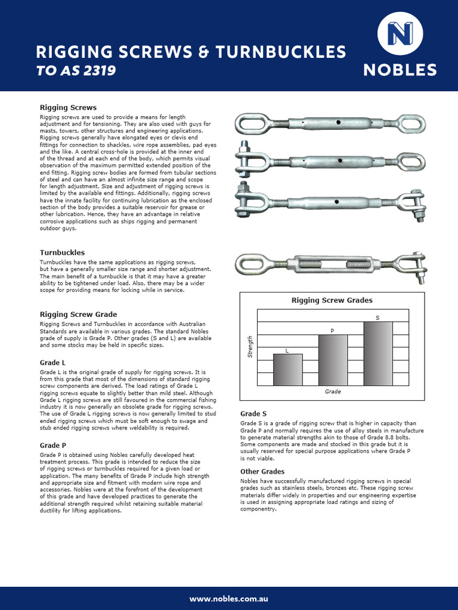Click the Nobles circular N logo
click(400, 36)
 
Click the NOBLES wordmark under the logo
click(400, 70)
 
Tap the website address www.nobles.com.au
click(229, 598)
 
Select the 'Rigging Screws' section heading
click(68, 108)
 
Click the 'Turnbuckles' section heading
click(62, 253)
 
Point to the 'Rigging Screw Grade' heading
click(78, 314)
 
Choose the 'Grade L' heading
click(52, 362)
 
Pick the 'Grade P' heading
click(52, 445)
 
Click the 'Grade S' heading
click(253, 413)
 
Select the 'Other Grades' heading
click(262, 471)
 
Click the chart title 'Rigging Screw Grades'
click(332, 300)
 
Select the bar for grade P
click(333, 360)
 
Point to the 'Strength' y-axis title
click(250, 347)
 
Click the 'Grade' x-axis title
click(333, 392)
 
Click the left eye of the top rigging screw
click(248, 124)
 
